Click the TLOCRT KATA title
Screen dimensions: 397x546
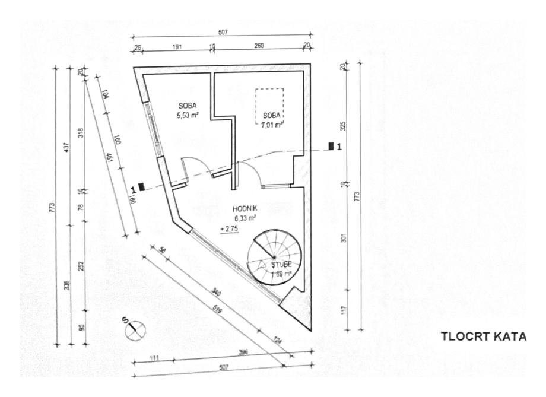(483, 337)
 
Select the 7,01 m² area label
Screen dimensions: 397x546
(270, 124)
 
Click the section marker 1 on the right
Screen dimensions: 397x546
(335, 147)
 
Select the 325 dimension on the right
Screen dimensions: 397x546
(344, 126)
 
